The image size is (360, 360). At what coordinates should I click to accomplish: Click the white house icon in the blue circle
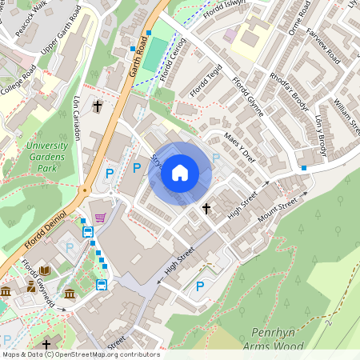click(x=180, y=172)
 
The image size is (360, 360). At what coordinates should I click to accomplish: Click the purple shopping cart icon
click(x=99, y=218)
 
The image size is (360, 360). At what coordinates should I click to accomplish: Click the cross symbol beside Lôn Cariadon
click(x=98, y=106)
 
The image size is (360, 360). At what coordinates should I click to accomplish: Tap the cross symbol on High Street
click(x=206, y=209)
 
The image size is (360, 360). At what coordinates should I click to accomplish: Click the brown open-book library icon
click(x=45, y=271)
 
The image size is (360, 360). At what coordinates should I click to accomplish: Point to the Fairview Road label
click(x=324, y=47)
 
